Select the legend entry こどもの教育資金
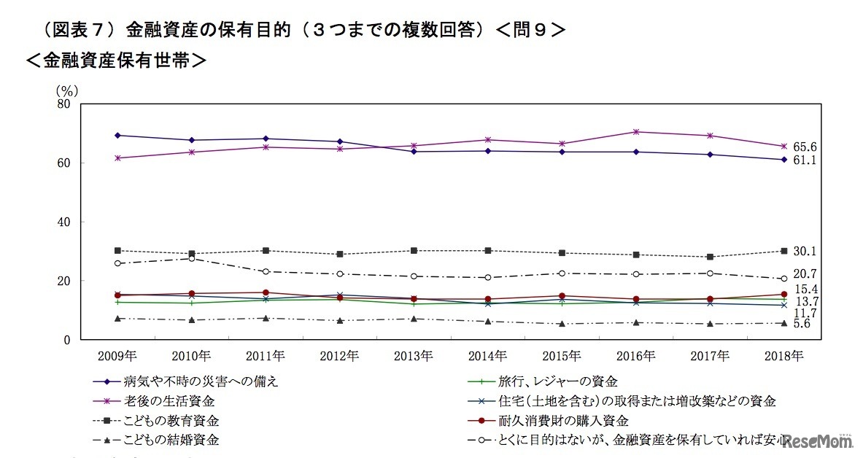(x=171, y=421)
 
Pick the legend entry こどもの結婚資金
(x=171, y=440)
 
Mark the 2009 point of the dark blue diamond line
(x=117, y=135)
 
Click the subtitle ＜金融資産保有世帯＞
(x=117, y=61)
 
